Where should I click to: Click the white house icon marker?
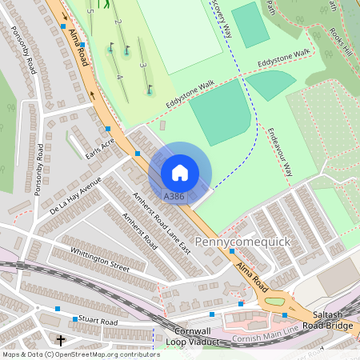click(180, 172)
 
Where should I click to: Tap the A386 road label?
click(174, 196)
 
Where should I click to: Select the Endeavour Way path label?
click(281, 152)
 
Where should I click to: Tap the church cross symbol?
click(61, 340)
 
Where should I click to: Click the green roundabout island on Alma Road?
click(274, 302)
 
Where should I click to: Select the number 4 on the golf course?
click(118, 76)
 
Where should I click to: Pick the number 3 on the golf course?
click(142, 64)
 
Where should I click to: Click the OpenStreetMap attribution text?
click(80, 354)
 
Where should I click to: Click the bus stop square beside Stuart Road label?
click(75, 319)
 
